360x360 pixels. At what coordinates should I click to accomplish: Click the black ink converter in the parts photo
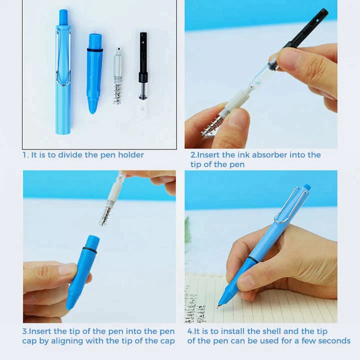click(x=143, y=65)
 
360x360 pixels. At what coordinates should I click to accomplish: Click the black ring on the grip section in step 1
click(x=94, y=49)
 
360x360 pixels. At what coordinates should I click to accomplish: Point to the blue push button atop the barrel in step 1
click(x=63, y=16)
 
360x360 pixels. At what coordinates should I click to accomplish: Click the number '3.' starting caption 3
click(x=25, y=331)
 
